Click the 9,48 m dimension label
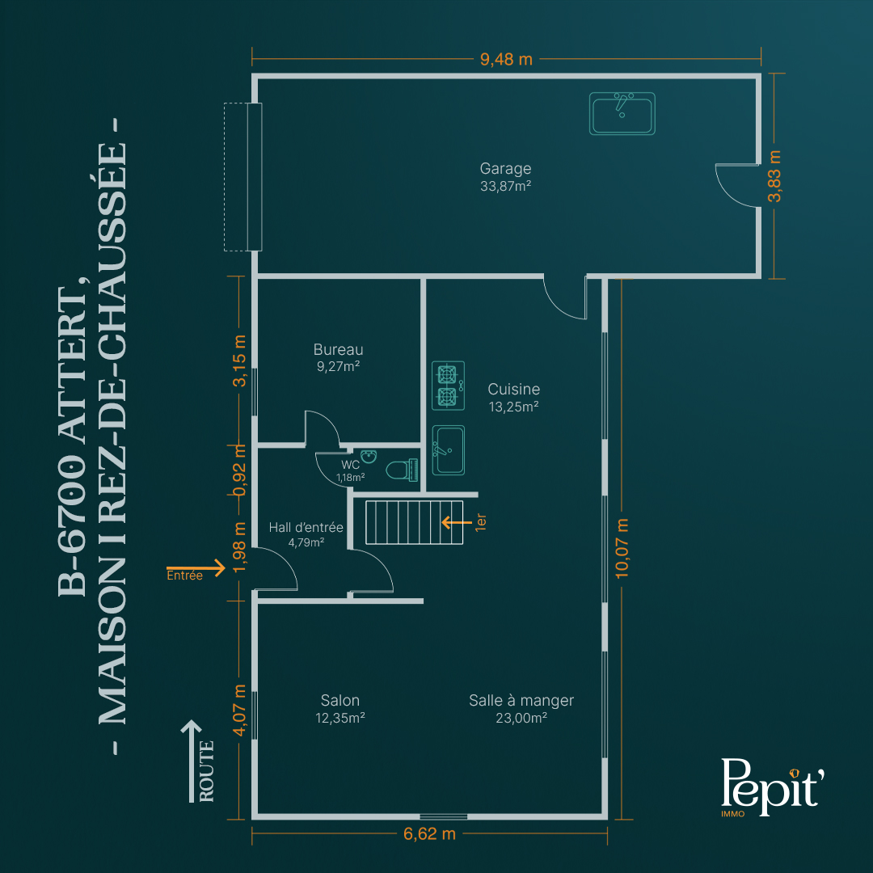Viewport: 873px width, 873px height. pyautogui.click(x=506, y=59)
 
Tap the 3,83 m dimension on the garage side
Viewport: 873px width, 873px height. pyautogui.click(x=774, y=176)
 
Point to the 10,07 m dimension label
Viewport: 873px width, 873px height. pyautogui.click(x=622, y=548)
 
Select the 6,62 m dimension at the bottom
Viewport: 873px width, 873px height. pyautogui.click(x=429, y=834)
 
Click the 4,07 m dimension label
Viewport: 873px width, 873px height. pyautogui.click(x=239, y=710)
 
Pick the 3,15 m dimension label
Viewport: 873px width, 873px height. pyautogui.click(x=239, y=361)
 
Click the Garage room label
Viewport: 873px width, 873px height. pyautogui.click(x=505, y=168)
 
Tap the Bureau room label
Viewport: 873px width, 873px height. pyautogui.click(x=338, y=349)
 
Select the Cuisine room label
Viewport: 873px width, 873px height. pyautogui.click(x=513, y=389)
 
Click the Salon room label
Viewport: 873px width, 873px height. pyautogui.click(x=339, y=700)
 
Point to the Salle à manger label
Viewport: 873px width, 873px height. pyautogui.click(x=521, y=700)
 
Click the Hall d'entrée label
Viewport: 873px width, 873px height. pyautogui.click(x=306, y=527)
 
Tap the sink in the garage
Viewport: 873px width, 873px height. pyautogui.click(x=622, y=114)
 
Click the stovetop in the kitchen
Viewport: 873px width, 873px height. pyautogui.click(x=448, y=386)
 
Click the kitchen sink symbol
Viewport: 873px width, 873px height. pyautogui.click(x=448, y=450)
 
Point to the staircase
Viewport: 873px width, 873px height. pyautogui.click(x=414, y=522)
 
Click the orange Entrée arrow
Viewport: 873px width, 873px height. pyautogui.click(x=196, y=568)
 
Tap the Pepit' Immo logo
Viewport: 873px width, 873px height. pyautogui.click(x=772, y=787)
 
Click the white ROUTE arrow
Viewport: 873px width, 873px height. pyautogui.click(x=191, y=761)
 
